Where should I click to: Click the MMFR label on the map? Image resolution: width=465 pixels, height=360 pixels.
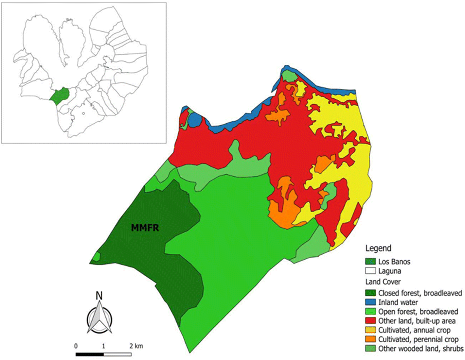145,227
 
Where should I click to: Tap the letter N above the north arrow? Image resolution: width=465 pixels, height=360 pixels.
99,296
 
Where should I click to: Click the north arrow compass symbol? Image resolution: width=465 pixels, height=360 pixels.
99,317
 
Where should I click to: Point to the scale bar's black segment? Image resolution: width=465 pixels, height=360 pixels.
90,354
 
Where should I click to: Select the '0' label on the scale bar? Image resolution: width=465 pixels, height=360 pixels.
76,346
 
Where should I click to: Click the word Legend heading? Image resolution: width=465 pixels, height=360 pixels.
378,248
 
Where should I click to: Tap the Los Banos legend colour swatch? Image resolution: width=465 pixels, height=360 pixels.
370,262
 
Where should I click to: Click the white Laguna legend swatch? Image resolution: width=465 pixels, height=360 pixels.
370,271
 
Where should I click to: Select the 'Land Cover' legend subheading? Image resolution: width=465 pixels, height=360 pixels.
383,282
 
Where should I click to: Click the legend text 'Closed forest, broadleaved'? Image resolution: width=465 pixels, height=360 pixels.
420,293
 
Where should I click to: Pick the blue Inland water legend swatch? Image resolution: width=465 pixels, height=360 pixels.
370,302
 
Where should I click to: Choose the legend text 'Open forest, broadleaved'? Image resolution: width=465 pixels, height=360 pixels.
418,312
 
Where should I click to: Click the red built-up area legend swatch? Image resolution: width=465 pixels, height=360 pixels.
370,321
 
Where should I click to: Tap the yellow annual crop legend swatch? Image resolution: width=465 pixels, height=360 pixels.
370,330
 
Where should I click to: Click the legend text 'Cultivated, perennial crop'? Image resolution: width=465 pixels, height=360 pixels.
418,339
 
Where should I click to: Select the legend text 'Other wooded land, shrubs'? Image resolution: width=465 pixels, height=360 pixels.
420,349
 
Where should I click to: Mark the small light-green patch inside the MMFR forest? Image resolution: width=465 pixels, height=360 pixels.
96,257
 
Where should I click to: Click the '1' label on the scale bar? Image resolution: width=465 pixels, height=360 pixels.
104,346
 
